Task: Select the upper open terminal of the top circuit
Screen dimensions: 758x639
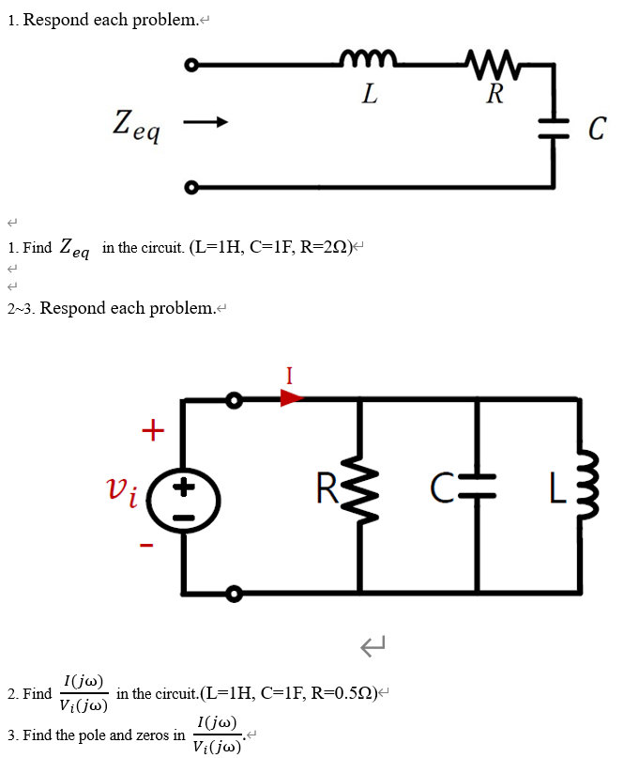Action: pyautogui.click(x=191, y=66)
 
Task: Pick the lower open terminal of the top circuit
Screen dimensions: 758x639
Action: pyautogui.click(x=191, y=186)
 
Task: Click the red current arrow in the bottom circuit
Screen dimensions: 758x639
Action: pyautogui.click(x=292, y=398)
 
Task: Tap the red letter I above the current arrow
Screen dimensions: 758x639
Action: pyautogui.click(x=291, y=377)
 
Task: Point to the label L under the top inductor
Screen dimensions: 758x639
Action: pyautogui.click(x=370, y=93)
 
